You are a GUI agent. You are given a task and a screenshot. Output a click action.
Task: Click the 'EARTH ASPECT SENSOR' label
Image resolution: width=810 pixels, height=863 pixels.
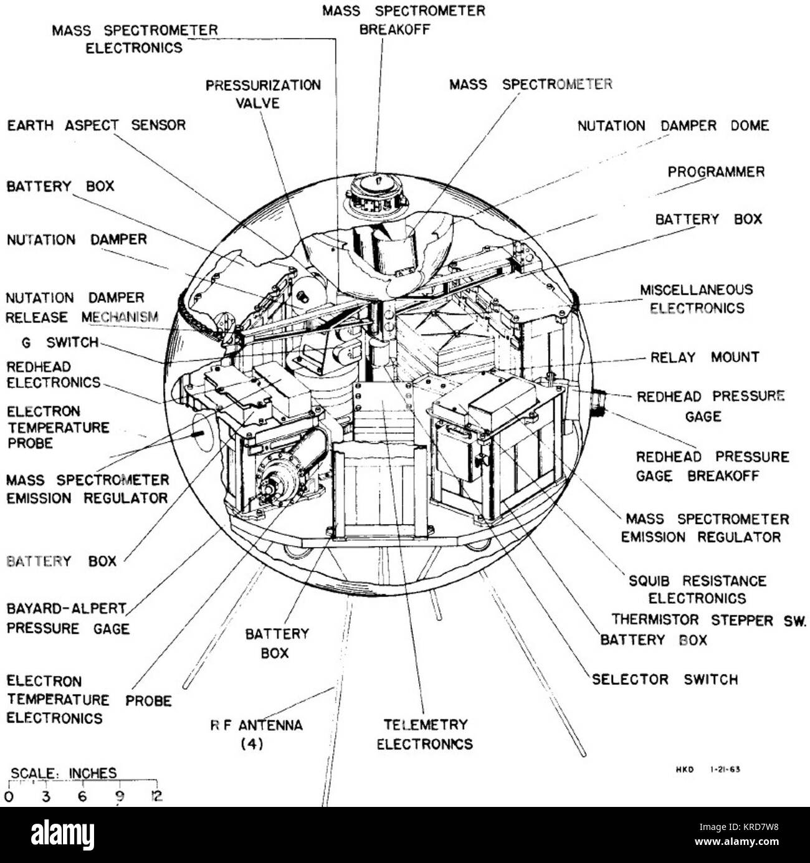[x=96, y=125]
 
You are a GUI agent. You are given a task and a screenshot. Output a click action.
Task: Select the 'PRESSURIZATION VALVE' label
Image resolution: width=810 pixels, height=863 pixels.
[x=263, y=93]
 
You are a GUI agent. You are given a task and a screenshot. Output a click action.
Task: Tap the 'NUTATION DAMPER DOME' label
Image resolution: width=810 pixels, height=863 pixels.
[x=673, y=126]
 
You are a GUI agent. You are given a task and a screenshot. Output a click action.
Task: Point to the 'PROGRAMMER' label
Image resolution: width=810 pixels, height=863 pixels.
[x=716, y=172]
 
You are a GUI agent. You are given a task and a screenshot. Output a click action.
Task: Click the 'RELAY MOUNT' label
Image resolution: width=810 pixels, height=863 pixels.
[x=705, y=358]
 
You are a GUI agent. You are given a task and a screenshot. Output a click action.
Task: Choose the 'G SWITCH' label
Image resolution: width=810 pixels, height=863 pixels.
[x=59, y=342]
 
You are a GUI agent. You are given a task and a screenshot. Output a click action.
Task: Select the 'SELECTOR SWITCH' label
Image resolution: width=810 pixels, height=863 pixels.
[x=664, y=679]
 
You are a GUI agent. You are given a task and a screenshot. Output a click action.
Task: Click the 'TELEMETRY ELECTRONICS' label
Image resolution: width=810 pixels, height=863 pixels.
[x=425, y=734]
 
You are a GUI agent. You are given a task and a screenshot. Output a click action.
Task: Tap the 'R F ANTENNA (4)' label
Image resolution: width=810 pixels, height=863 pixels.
[x=256, y=734]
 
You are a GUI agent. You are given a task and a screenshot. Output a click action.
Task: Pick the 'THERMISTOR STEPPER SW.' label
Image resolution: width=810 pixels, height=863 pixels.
[x=708, y=620]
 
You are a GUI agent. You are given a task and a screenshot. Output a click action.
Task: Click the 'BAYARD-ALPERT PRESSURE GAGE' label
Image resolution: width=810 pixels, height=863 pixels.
[x=68, y=618]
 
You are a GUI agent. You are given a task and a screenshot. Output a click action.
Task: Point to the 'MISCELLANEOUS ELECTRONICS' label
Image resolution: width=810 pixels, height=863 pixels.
[x=697, y=299]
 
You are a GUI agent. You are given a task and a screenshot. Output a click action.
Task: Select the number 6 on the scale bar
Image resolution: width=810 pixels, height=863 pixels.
[x=82, y=796]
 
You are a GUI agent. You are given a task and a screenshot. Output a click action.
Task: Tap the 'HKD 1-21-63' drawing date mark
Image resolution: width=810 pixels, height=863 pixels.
[x=708, y=770]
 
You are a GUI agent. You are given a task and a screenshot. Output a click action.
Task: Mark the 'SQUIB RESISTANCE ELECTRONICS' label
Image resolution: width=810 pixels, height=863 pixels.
[x=697, y=589]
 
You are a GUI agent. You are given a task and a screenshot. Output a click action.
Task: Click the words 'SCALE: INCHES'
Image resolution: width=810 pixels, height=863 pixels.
[x=64, y=773]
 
